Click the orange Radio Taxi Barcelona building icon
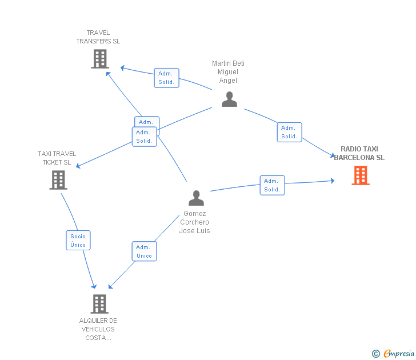tap(361, 175)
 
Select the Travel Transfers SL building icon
tap(100, 59)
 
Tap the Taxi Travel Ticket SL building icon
tap(58, 180)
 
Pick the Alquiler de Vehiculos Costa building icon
tap(99, 304)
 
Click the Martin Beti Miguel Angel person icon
tap(229, 99)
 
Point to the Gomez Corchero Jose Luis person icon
tap(197, 198)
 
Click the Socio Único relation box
tap(78, 241)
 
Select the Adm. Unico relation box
tap(145, 251)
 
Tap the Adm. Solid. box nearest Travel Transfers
tap(167, 78)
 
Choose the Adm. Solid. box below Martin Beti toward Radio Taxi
tap(290, 132)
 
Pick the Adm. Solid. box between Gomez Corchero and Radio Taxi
tap(272, 185)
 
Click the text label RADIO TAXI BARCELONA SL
tap(359, 153)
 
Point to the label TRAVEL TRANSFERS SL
tap(98, 37)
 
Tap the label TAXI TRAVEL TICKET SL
tap(57, 158)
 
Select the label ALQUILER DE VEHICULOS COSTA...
tap(98, 329)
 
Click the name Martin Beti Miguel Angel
tap(228, 72)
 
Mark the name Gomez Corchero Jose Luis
tap(194, 222)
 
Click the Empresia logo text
tap(399, 353)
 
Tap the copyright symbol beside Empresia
tap(376, 354)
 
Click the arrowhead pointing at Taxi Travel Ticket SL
tap(78, 166)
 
